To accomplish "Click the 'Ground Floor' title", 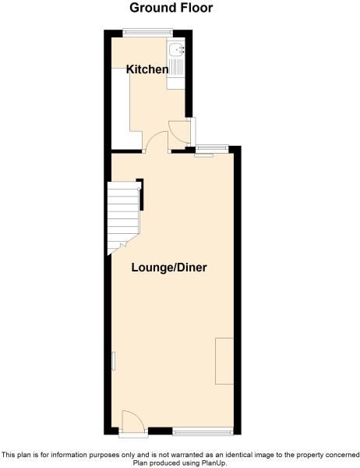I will pyautogui.click(x=171, y=8).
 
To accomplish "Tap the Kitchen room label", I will pyautogui.click(x=148, y=69).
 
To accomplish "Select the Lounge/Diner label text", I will pyautogui.click(x=169, y=267).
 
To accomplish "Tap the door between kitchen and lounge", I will pyautogui.click(x=157, y=140).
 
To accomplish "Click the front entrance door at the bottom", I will pyautogui.click(x=131, y=422).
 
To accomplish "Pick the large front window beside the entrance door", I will pyautogui.click(x=203, y=431).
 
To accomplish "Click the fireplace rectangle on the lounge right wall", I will pyautogui.click(x=224, y=360).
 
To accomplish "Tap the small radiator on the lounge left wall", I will pyautogui.click(x=112, y=362).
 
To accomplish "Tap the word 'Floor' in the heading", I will pyautogui.click(x=195, y=8).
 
